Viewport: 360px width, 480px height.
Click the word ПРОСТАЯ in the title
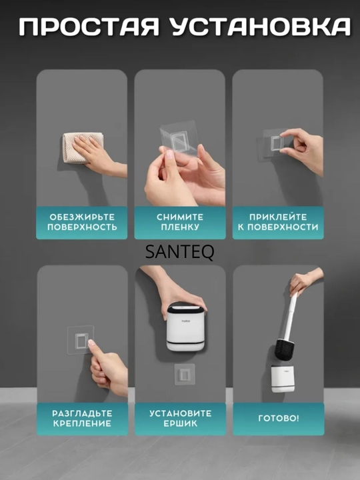click(x=89, y=27)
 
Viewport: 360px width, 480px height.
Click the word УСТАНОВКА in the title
click(x=260, y=27)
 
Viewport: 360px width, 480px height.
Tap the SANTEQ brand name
click(x=180, y=252)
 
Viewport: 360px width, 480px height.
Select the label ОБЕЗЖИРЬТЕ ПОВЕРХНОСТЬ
click(x=82, y=222)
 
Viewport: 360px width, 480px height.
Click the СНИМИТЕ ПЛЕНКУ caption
click(x=180, y=222)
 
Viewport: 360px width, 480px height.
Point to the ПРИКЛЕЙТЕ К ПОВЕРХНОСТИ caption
click(x=278, y=222)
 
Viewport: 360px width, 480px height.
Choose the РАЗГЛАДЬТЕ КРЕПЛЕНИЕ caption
click(x=82, y=418)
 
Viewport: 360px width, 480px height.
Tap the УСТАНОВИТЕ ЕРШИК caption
click(x=180, y=418)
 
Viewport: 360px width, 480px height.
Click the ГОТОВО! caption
click(x=279, y=418)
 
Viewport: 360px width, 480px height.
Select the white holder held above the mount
click(x=186, y=327)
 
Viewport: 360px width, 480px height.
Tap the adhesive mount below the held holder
click(x=185, y=375)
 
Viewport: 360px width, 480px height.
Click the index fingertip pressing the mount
click(x=91, y=343)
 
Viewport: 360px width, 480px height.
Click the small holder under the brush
click(x=283, y=379)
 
